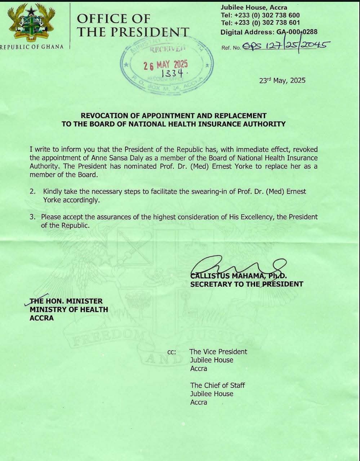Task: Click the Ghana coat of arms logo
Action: coord(32,23)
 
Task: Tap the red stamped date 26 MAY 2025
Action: coord(166,65)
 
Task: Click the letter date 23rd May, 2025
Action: coord(282,80)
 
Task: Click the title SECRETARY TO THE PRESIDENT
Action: coord(246,284)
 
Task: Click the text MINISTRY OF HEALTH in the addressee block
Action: coord(68,309)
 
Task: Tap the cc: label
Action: coord(172,352)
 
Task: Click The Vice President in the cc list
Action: coord(218,352)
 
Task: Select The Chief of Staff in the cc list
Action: coord(217,385)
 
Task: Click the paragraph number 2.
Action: coord(32,192)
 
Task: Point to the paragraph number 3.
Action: coord(32,217)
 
